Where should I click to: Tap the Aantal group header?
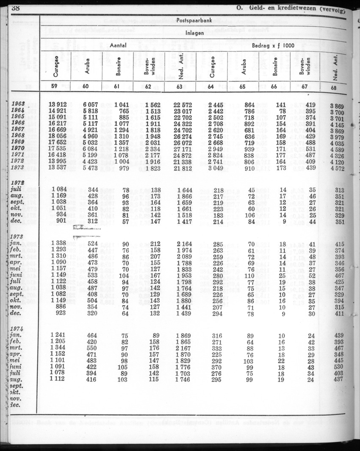pos(118,45)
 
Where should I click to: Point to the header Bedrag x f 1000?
pos(273,45)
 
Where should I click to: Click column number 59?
pos(56,87)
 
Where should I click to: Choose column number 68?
pos(337,88)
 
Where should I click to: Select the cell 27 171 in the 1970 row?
pos(183,149)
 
